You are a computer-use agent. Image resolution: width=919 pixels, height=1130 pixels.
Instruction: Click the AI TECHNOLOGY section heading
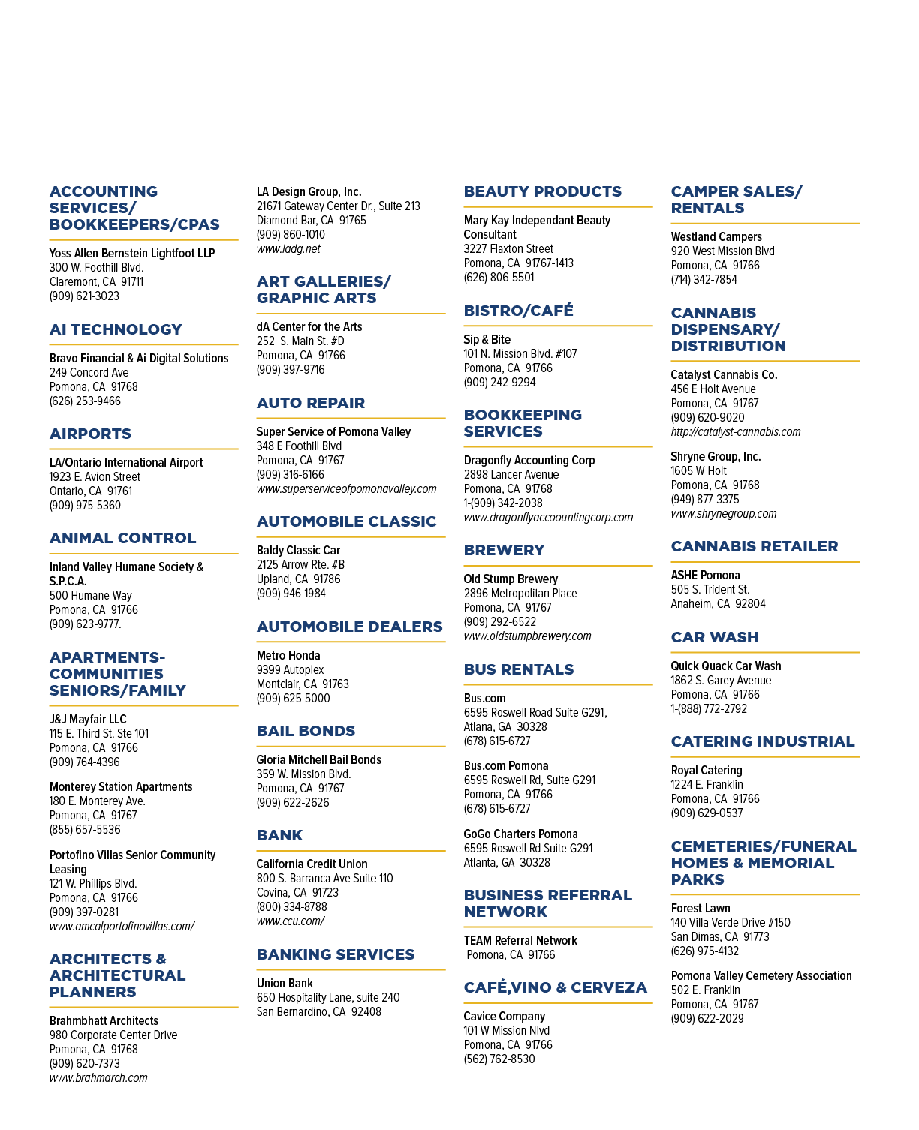(116, 329)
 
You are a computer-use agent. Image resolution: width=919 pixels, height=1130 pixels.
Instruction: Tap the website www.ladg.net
(288, 249)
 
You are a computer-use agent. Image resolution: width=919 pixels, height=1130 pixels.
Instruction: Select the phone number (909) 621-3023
(84, 296)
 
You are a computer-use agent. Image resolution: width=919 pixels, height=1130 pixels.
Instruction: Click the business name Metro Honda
(288, 655)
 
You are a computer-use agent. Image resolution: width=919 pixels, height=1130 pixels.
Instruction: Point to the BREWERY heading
(504, 550)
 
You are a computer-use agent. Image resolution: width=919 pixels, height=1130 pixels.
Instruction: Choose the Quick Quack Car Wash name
(726, 666)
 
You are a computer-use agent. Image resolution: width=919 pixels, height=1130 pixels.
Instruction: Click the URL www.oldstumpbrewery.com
(527, 636)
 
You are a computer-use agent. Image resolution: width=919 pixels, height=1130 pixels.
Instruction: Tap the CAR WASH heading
(714, 637)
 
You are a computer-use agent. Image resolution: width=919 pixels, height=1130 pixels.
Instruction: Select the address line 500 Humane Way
(90, 595)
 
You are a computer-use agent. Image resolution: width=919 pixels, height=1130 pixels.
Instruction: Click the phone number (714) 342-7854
(704, 279)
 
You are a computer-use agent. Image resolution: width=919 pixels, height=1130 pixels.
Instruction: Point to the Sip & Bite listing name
(487, 340)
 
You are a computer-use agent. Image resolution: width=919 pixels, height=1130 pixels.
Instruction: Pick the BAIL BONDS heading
(306, 731)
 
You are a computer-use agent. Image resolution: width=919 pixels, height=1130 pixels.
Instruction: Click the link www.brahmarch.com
(98, 1077)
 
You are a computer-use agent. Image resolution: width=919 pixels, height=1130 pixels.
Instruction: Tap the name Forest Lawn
(701, 908)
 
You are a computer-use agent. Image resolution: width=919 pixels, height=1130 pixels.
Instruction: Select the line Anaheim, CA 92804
(718, 603)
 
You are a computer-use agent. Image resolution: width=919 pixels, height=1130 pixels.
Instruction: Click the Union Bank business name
(285, 983)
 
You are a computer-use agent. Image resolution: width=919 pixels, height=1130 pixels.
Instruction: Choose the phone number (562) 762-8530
(499, 1059)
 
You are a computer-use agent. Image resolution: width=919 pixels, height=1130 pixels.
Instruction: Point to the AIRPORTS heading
(90, 434)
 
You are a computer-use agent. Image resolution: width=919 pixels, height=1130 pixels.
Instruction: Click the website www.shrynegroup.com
(723, 513)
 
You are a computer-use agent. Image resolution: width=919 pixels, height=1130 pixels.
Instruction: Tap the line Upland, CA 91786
(298, 579)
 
